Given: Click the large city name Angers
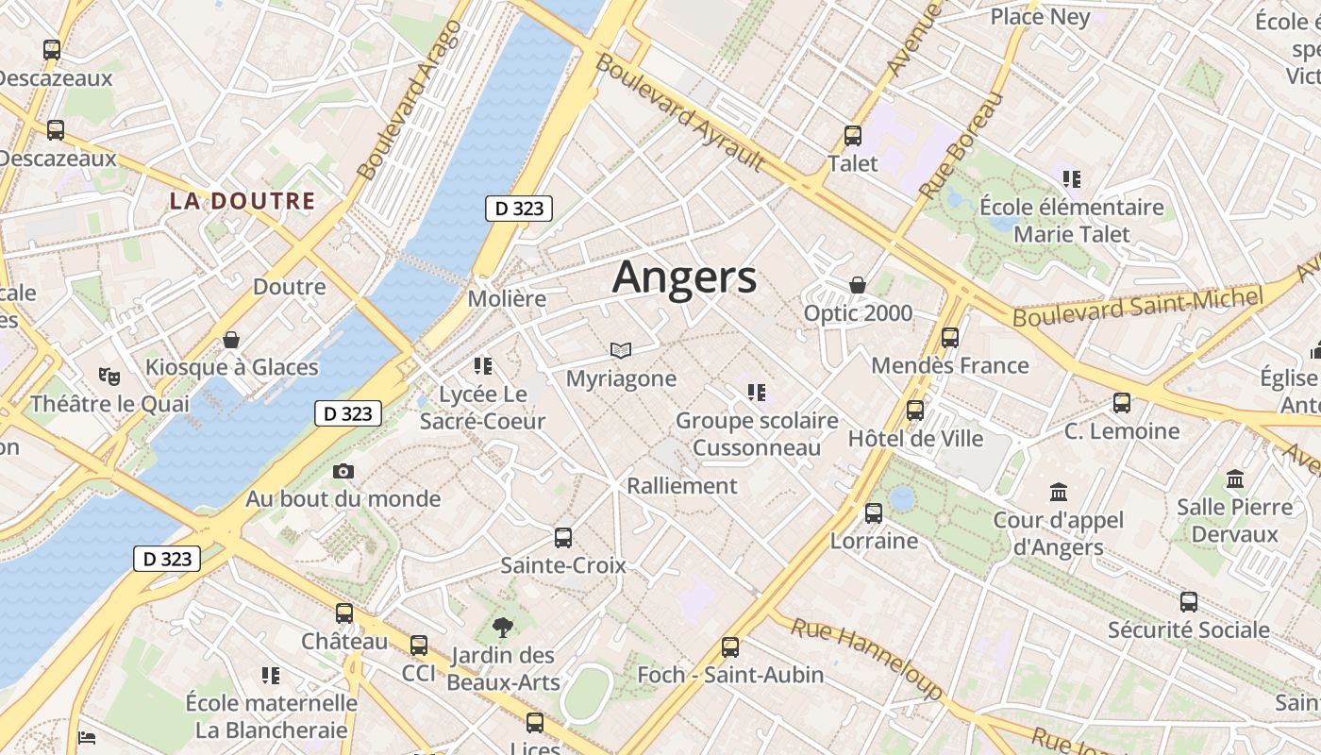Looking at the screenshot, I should click(684, 277).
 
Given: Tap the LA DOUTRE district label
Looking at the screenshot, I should click(242, 201).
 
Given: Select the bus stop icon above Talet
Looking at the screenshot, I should click(853, 136).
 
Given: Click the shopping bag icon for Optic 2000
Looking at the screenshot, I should click(858, 285).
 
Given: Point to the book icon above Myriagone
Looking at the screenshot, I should click(620, 350).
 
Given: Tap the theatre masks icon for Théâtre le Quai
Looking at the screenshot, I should click(109, 377).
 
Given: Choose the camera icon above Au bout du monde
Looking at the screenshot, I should click(343, 471).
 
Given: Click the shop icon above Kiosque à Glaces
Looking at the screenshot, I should click(231, 340).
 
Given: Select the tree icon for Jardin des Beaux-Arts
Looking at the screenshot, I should click(503, 627).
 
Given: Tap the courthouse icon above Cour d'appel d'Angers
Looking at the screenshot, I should click(1058, 493).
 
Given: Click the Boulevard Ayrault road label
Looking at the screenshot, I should click(679, 113).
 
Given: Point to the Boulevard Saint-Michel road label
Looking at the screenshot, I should click(1137, 308).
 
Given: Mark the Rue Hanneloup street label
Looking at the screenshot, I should click(866, 658).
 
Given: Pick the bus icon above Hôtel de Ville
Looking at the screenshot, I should click(914, 411).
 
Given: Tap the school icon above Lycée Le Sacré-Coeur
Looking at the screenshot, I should click(483, 366).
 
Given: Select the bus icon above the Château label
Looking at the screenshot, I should click(344, 613).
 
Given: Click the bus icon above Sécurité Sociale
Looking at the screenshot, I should click(1188, 602).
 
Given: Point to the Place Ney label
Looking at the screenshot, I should click(1040, 17).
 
